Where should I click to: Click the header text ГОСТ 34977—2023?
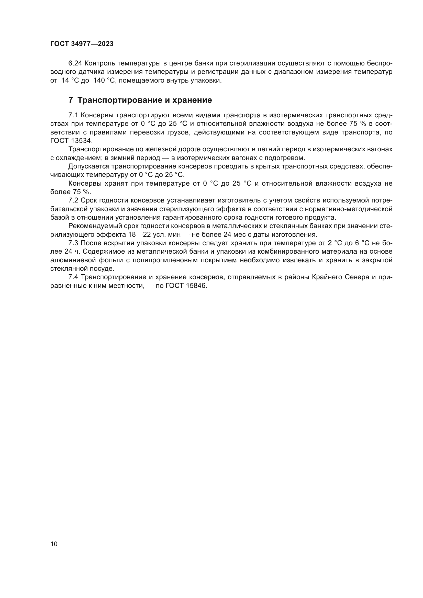click(x=82, y=44)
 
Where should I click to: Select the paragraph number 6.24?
click(x=75, y=63)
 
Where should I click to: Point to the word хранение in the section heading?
click(x=194, y=100)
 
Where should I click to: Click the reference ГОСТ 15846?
click(x=186, y=286)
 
